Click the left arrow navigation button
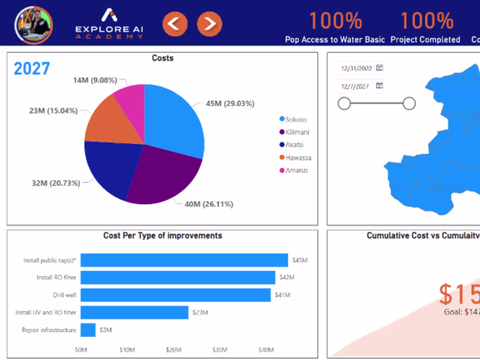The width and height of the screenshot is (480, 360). click(175, 24)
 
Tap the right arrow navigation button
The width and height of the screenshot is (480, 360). click(209, 24)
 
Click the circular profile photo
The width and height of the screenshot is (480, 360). click(34, 24)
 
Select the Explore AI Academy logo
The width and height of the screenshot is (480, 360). click(109, 24)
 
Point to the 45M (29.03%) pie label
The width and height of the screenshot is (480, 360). click(230, 104)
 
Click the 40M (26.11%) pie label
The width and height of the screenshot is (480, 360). click(209, 204)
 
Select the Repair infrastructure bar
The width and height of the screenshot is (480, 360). click(88, 330)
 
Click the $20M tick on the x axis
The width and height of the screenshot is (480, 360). click(173, 350)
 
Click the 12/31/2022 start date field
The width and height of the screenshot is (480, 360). click(357, 69)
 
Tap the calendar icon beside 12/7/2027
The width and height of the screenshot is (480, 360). click(380, 86)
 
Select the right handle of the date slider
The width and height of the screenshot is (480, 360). click(409, 103)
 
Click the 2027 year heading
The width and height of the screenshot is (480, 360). click(32, 69)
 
